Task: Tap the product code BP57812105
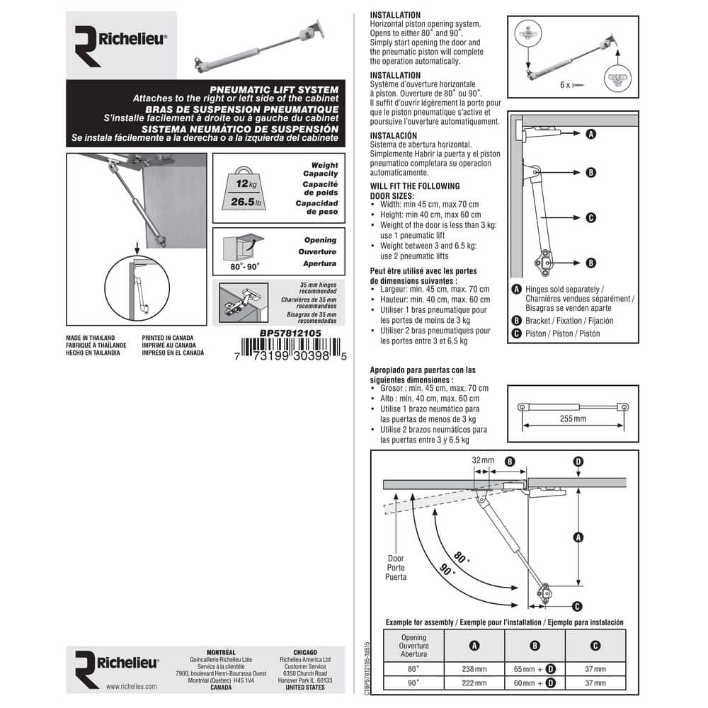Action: coord(290,333)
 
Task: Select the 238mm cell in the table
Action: coord(474,669)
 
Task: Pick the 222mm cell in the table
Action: coord(474,683)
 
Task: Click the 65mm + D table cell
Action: coord(535,669)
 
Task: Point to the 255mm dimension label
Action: coord(573,418)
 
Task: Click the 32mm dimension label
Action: coord(483,460)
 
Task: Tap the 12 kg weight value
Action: coord(246,184)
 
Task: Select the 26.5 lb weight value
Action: coord(246,202)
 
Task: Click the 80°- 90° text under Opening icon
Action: coord(245,267)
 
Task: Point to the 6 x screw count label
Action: coord(565,85)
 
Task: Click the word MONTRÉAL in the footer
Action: coord(221,653)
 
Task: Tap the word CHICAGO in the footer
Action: coord(305,653)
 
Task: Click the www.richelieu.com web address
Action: coord(132,686)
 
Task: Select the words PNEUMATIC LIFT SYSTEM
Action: coord(274,90)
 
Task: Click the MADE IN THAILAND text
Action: coord(91,338)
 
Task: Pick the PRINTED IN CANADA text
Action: coord(168,338)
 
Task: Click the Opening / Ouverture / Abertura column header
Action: coord(413,646)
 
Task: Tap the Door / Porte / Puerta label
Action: coord(396,568)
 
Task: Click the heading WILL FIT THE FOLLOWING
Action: coord(415,186)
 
